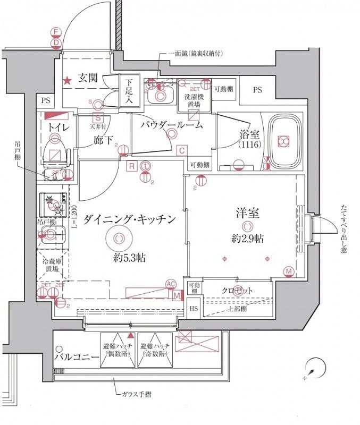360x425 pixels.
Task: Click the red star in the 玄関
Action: (68, 81)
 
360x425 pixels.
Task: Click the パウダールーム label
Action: (172, 125)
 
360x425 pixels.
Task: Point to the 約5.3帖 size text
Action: (130, 259)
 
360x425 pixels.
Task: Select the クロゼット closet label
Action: (237, 291)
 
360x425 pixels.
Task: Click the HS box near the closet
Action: (194, 308)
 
